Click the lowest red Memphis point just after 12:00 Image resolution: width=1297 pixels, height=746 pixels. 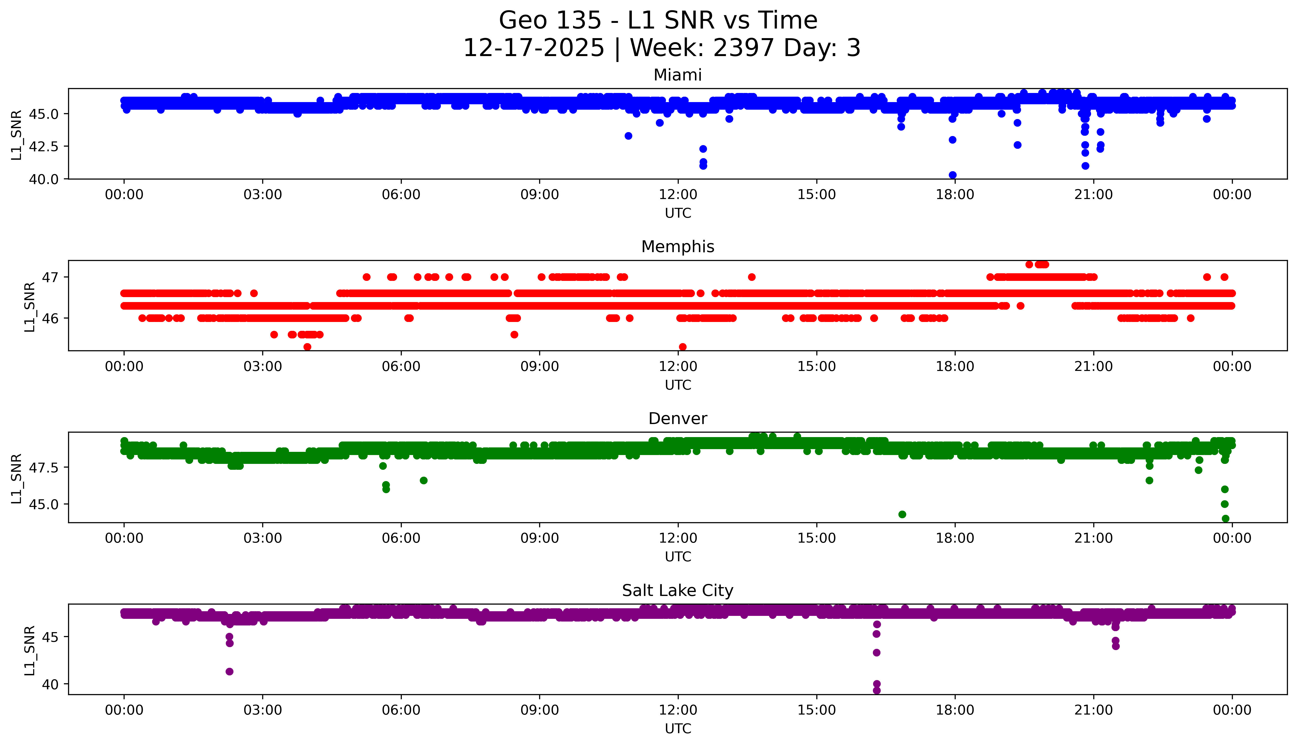point(682,347)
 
